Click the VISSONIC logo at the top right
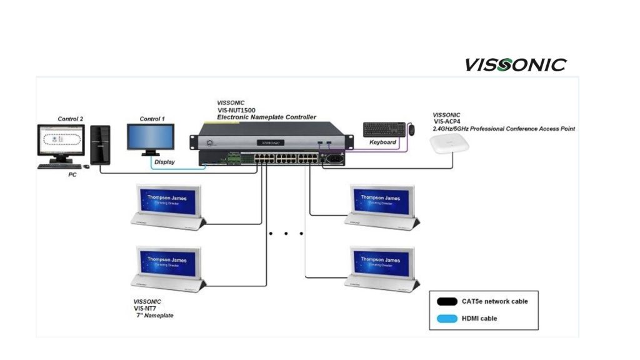click(515, 64)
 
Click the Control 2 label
click(71, 119)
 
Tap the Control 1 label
click(152, 119)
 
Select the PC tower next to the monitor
click(100, 144)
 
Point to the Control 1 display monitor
click(151, 137)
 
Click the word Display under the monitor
click(165, 162)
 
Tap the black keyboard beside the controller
click(384, 129)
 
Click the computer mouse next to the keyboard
click(411, 129)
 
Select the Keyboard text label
click(383, 142)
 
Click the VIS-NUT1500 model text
click(241, 110)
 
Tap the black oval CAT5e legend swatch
click(446, 301)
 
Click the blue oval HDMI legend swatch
click(446, 319)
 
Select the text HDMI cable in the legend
click(479, 319)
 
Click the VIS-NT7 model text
click(146, 308)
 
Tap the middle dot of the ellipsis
click(286, 234)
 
